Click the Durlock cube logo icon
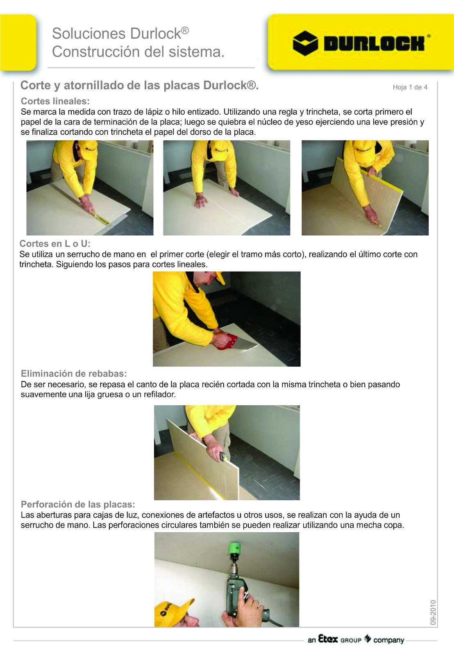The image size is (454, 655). coord(305,43)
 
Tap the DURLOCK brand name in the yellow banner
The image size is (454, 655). coord(374,43)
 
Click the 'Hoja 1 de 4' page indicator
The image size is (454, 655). coord(410,87)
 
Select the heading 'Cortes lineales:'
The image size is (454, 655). coord(55,101)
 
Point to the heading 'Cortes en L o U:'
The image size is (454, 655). coord(55,244)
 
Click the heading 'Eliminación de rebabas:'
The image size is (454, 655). coord(74,373)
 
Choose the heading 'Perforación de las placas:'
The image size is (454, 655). coord(78,504)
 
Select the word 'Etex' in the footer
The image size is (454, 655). coord(328,639)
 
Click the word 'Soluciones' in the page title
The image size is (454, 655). coord(89,34)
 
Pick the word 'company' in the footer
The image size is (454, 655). coord(389,640)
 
